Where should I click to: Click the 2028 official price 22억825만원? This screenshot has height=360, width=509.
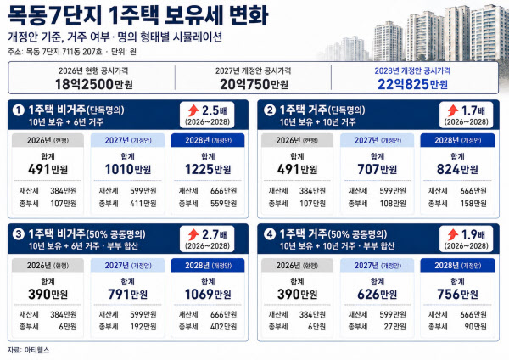412,84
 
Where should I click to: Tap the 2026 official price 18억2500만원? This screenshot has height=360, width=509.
94,84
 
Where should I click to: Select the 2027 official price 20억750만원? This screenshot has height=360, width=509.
254,84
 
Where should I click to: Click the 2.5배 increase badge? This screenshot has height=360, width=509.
207,115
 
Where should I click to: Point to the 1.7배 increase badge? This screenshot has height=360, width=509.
466,115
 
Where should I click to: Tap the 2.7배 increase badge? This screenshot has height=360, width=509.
207,239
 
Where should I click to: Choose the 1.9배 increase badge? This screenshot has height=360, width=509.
466,239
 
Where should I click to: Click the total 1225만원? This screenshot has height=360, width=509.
208,169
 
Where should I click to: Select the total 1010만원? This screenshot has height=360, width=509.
128,169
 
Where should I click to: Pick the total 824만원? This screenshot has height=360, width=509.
457,169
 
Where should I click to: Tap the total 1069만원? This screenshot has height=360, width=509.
208,295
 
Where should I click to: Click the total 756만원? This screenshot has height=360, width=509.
457,295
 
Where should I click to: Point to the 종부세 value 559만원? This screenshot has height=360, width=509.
223,204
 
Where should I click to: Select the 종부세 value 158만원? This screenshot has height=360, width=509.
473,204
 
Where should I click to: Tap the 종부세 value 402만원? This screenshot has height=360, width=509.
223,327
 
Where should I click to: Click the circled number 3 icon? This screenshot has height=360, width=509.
18,234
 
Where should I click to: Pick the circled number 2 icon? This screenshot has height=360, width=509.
270,110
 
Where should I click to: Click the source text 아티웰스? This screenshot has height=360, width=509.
36,350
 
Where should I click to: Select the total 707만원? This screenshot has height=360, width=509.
378,169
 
